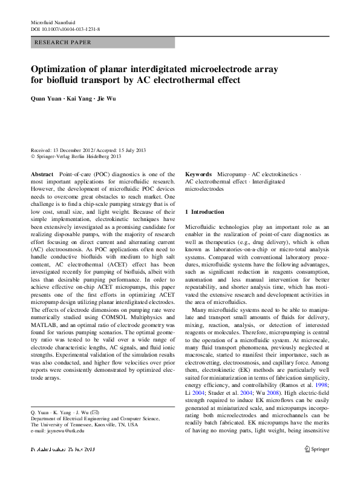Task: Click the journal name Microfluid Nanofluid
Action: (53, 22)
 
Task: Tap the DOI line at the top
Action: (65, 28)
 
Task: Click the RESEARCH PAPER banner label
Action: (64, 42)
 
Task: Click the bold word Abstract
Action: (41, 174)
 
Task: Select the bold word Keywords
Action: (197, 174)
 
